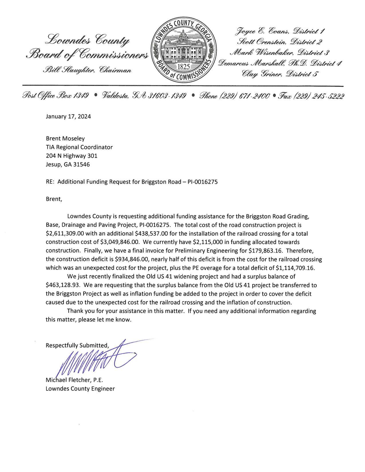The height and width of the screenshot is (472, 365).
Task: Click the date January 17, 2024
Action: pos(68,116)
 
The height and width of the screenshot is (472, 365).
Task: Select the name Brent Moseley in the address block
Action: pos(65,138)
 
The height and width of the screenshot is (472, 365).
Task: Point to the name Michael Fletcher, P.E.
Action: pos(74,380)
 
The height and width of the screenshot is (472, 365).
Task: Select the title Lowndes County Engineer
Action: pos(80,389)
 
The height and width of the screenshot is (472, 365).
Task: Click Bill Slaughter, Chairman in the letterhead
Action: pos(87,70)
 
